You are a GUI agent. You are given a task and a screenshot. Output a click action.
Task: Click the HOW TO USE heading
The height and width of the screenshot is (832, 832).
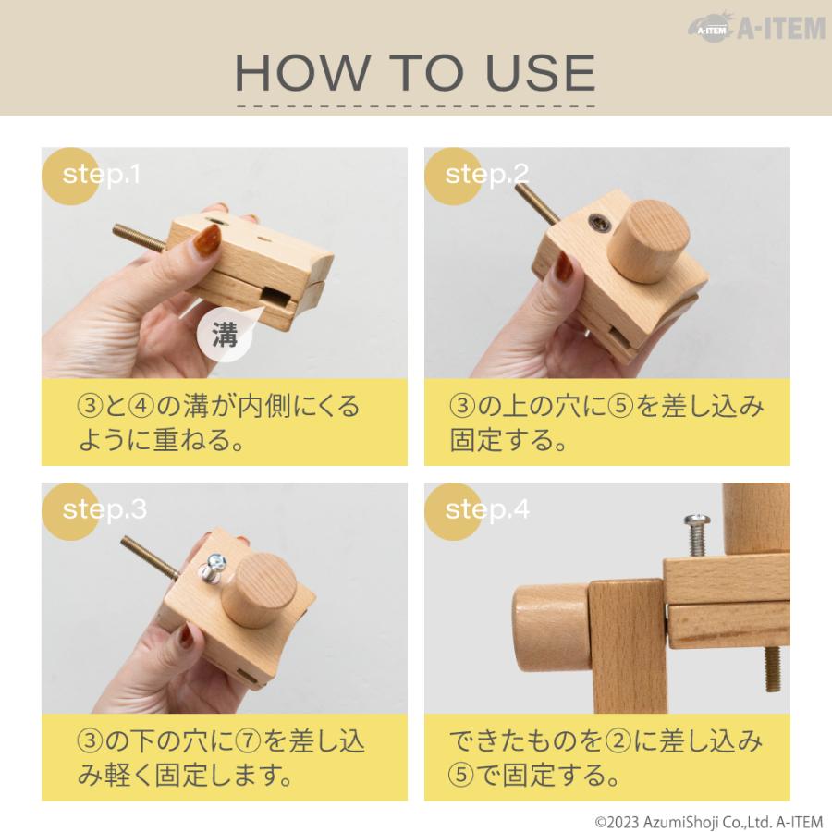[415, 72]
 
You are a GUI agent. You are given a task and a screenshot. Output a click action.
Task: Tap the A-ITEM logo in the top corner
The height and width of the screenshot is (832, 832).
[757, 28]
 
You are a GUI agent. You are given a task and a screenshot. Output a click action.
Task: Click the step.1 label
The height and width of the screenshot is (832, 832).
[102, 174]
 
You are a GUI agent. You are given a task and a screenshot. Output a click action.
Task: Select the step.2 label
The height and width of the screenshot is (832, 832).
[487, 174]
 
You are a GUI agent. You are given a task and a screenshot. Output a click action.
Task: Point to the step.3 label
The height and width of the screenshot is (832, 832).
[104, 509]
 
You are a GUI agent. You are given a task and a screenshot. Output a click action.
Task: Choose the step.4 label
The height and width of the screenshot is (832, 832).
[487, 509]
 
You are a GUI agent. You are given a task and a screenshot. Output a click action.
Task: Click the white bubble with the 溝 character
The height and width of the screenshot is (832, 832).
[225, 336]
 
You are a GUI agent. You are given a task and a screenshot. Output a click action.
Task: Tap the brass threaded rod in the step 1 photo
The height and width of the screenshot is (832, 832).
[140, 238]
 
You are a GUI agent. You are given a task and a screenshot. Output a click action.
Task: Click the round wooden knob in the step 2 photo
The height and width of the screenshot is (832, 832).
[648, 240]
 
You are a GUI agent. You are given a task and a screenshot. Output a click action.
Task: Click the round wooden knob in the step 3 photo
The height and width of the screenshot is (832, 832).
[259, 590]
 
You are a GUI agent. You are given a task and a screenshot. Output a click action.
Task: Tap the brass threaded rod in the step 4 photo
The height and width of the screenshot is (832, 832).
[773, 669]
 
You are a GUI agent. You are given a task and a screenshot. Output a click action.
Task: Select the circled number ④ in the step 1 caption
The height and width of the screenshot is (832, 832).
[141, 407]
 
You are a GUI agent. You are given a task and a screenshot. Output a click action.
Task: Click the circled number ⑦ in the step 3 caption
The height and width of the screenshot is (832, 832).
[247, 741]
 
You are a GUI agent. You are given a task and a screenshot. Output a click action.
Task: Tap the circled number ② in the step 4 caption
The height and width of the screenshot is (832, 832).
[618, 741]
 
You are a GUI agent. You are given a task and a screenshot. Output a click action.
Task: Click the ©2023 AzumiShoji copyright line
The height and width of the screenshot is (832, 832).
[709, 822]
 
